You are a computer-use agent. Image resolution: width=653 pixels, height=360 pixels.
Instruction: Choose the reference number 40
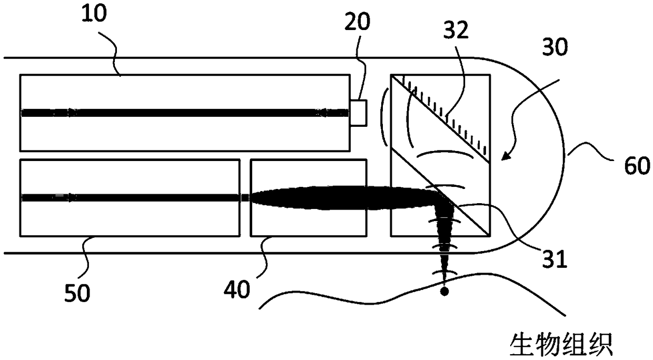click(x=235, y=289)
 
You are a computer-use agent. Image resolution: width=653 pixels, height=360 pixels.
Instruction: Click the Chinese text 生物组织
click(x=560, y=344)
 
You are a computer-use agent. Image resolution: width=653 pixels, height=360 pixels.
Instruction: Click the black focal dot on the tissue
click(x=444, y=291)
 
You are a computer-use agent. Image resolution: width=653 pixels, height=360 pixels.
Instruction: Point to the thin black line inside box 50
click(x=132, y=197)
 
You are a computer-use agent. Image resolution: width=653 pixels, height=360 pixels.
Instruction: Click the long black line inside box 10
click(x=184, y=112)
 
